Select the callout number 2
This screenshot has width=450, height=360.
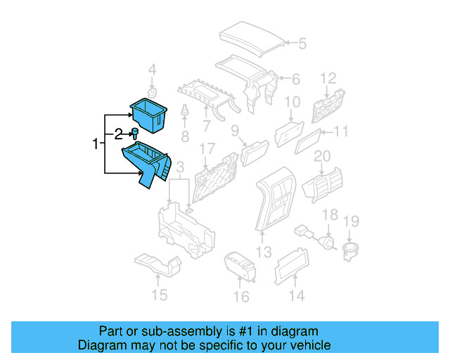[x=119, y=132]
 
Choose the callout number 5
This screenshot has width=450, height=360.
[x=302, y=44]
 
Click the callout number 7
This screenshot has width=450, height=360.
[x=206, y=127]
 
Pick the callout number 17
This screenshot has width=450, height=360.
[x=206, y=149]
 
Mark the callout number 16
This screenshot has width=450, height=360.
[x=241, y=297]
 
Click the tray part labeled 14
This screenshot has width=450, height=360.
[x=288, y=268]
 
